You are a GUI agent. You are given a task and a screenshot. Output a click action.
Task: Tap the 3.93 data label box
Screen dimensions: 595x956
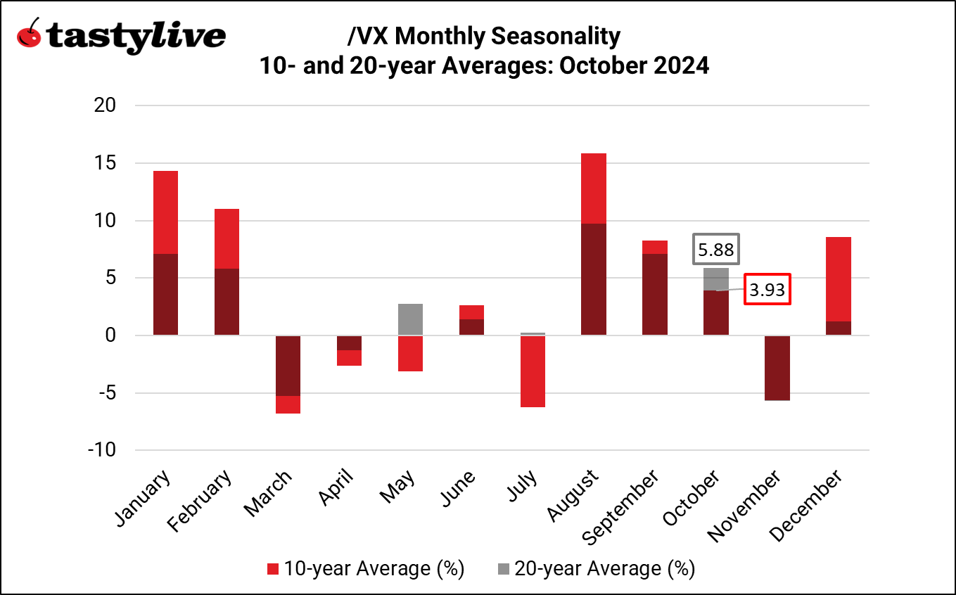click(x=767, y=289)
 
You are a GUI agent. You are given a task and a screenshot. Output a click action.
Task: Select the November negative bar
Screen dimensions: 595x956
click(x=777, y=368)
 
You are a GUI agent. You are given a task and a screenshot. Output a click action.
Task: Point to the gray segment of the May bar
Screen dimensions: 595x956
click(x=410, y=319)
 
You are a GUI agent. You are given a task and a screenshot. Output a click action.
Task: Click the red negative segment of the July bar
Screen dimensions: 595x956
click(x=533, y=371)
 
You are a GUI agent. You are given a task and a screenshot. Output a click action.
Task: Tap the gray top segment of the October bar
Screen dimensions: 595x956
click(x=716, y=279)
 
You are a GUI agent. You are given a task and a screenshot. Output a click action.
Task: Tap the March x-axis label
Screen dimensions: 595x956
click(x=270, y=494)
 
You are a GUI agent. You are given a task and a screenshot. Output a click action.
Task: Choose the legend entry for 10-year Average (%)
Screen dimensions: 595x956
click(x=365, y=568)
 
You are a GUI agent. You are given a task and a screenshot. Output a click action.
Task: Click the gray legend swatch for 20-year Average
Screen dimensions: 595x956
click(x=504, y=568)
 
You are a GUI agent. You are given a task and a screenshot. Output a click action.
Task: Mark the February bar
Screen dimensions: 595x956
click(x=227, y=272)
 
